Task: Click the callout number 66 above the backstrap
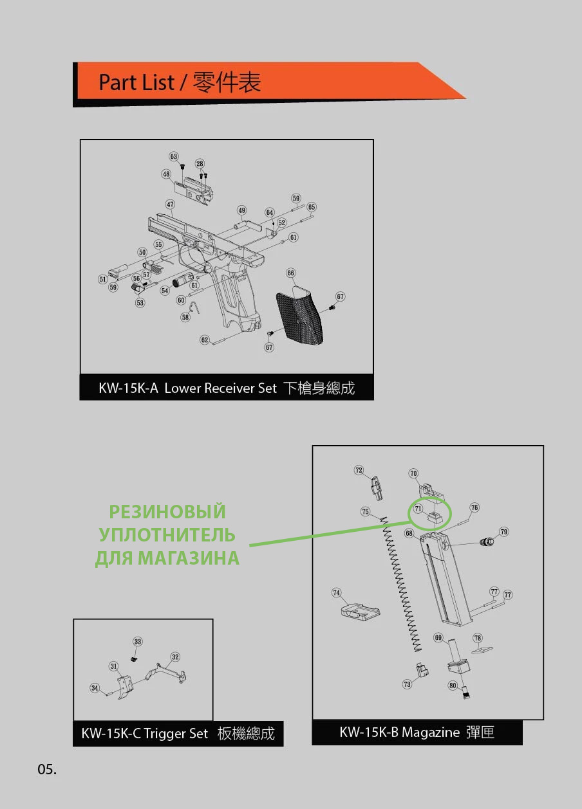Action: [x=290, y=273]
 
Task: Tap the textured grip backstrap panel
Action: [x=299, y=315]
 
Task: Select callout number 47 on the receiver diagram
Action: [x=170, y=205]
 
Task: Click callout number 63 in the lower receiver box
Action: [x=174, y=156]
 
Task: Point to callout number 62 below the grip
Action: [x=205, y=340]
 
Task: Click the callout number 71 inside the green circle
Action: [x=418, y=509]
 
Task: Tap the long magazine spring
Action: [x=401, y=584]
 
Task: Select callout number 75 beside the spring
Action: [x=366, y=512]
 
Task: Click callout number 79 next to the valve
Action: [x=504, y=532]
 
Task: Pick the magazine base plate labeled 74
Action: [x=360, y=611]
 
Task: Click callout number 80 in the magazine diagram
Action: [x=453, y=686]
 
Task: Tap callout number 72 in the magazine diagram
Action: [x=359, y=470]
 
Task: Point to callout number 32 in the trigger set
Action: [x=175, y=657]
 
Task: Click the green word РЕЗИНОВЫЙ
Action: [x=167, y=512]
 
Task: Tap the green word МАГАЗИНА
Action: [x=189, y=558]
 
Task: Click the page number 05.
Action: [x=47, y=769]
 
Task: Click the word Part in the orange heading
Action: [x=118, y=82]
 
